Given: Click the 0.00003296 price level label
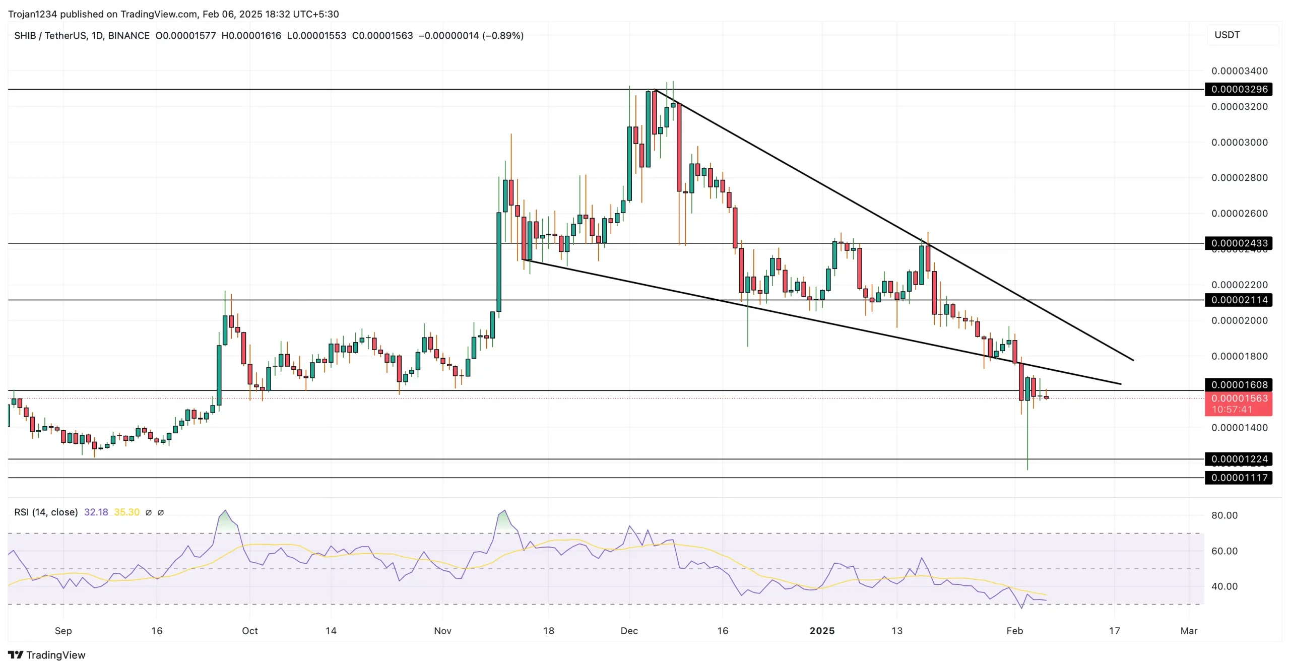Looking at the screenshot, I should pos(1239,89).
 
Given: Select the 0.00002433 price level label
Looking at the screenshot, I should pos(1239,243).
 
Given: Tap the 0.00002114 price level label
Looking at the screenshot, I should pos(1239,300).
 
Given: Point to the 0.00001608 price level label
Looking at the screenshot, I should pos(1239,385).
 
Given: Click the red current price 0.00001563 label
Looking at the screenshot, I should pos(1239,398).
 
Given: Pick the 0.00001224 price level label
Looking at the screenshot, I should pos(1239,459).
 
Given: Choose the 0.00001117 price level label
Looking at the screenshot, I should pos(1239,478).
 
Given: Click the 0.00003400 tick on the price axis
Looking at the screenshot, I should pos(1239,71).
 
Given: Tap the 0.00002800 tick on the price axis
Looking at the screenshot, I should pos(1239,178).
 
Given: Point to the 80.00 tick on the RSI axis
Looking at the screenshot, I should pos(1224,515).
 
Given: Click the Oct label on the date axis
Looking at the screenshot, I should pos(249,631).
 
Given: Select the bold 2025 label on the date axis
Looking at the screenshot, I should pos(822,631).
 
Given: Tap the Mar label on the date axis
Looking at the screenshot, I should pos(1189,631).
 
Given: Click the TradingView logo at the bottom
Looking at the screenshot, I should pos(47,655).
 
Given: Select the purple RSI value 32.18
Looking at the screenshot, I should pos(96,512).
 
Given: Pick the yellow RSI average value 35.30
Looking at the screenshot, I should pos(126,512).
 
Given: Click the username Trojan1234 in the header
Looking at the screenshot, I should pos(32,14).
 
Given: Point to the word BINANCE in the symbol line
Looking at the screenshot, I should pos(128,36).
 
